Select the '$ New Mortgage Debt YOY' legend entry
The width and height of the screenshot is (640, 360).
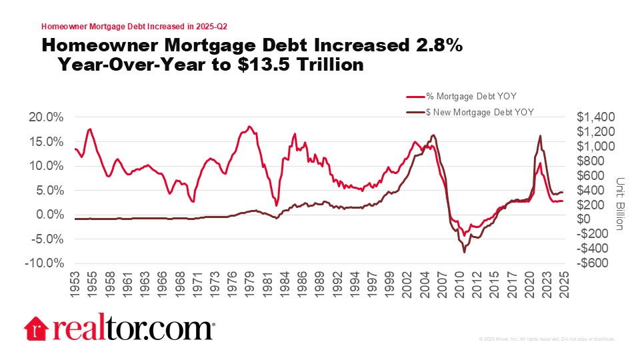[x=471, y=111]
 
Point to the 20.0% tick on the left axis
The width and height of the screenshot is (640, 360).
[x=47, y=117]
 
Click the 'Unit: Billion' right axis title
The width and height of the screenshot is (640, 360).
[x=619, y=204]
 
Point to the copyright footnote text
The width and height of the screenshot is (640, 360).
[x=547, y=339]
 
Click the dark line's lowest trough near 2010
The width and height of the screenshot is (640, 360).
[x=464, y=252]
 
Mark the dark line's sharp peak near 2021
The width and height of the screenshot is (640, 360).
[x=539, y=136]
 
